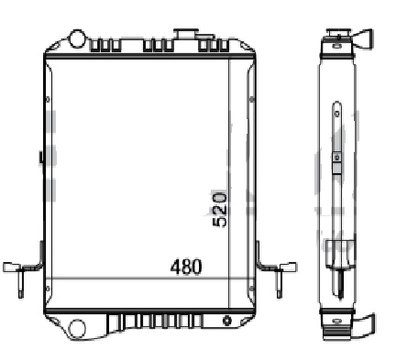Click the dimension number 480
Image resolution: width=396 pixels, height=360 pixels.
click(186, 267)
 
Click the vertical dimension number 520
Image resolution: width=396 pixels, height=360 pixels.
click(220, 209)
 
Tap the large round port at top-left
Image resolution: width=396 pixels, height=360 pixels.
click(77, 38)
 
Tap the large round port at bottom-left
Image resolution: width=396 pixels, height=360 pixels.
click(76, 328)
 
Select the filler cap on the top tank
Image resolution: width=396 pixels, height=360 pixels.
click(186, 33)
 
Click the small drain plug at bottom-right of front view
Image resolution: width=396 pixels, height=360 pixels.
click(227, 321)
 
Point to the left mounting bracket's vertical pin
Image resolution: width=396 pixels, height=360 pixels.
click(20, 284)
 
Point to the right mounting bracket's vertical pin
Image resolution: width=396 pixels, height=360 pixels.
click(280, 284)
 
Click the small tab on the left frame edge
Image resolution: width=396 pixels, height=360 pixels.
click(40, 157)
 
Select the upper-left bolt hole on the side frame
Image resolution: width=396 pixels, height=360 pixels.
click(48, 100)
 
